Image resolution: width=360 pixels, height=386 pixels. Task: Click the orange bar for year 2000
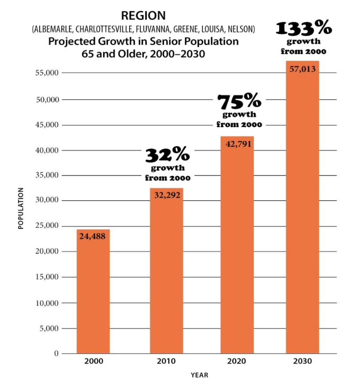(93, 291)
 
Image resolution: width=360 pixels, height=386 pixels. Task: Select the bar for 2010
(166, 271)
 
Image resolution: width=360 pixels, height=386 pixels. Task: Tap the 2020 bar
(237, 245)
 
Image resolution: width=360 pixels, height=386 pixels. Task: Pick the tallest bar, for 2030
(303, 207)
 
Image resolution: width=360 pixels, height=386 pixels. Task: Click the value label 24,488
(92, 236)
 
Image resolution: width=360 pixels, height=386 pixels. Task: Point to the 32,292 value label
(167, 195)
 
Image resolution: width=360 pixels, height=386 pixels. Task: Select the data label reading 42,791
(238, 144)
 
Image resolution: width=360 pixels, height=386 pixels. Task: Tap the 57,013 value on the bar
(303, 69)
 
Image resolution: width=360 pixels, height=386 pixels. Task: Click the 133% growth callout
(304, 27)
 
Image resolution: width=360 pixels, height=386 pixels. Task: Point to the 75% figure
(239, 101)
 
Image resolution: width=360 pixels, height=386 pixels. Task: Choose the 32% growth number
(168, 154)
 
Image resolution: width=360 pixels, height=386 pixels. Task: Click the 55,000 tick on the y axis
(47, 73)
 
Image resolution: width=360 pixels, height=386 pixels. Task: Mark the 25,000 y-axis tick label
(47, 225)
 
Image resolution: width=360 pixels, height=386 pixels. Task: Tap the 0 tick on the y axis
(56, 354)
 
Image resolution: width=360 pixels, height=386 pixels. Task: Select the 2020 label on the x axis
(236, 361)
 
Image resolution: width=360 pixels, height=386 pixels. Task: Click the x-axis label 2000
(94, 361)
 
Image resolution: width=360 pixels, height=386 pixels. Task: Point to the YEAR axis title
(199, 375)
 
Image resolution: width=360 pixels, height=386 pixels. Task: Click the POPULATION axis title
(21, 208)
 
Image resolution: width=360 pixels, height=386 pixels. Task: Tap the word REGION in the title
(143, 15)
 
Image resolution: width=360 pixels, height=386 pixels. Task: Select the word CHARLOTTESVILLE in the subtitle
(104, 29)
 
